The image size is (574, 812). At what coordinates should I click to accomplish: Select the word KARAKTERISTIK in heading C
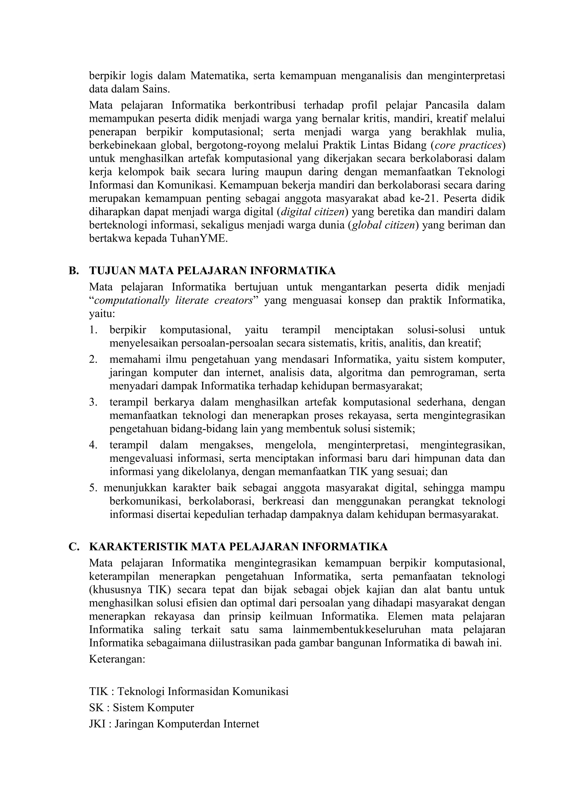(138, 547)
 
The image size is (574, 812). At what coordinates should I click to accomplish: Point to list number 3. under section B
(93, 402)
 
